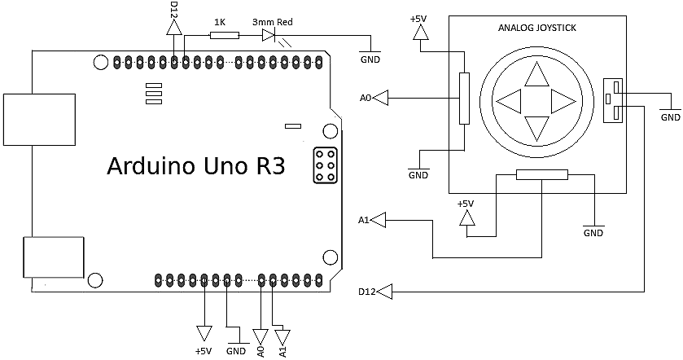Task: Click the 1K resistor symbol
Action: tap(224, 35)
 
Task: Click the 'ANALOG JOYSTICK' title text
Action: tap(536, 28)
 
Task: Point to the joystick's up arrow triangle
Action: tap(536, 76)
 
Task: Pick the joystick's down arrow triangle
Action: tap(536, 128)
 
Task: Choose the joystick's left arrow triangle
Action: tap(509, 102)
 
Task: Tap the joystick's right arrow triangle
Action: tap(563, 102)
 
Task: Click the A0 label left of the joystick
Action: tap(366, 99)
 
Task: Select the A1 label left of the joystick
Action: tap(364, 220)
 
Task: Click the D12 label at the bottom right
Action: tap(366, 291)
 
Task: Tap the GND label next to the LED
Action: tap(370, 59)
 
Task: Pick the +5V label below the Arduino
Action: tap(203, 351)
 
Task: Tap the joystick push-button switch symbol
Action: tap(612, 101)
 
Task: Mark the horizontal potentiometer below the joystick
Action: tap(542, 174)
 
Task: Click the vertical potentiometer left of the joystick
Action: tap(464, 99)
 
